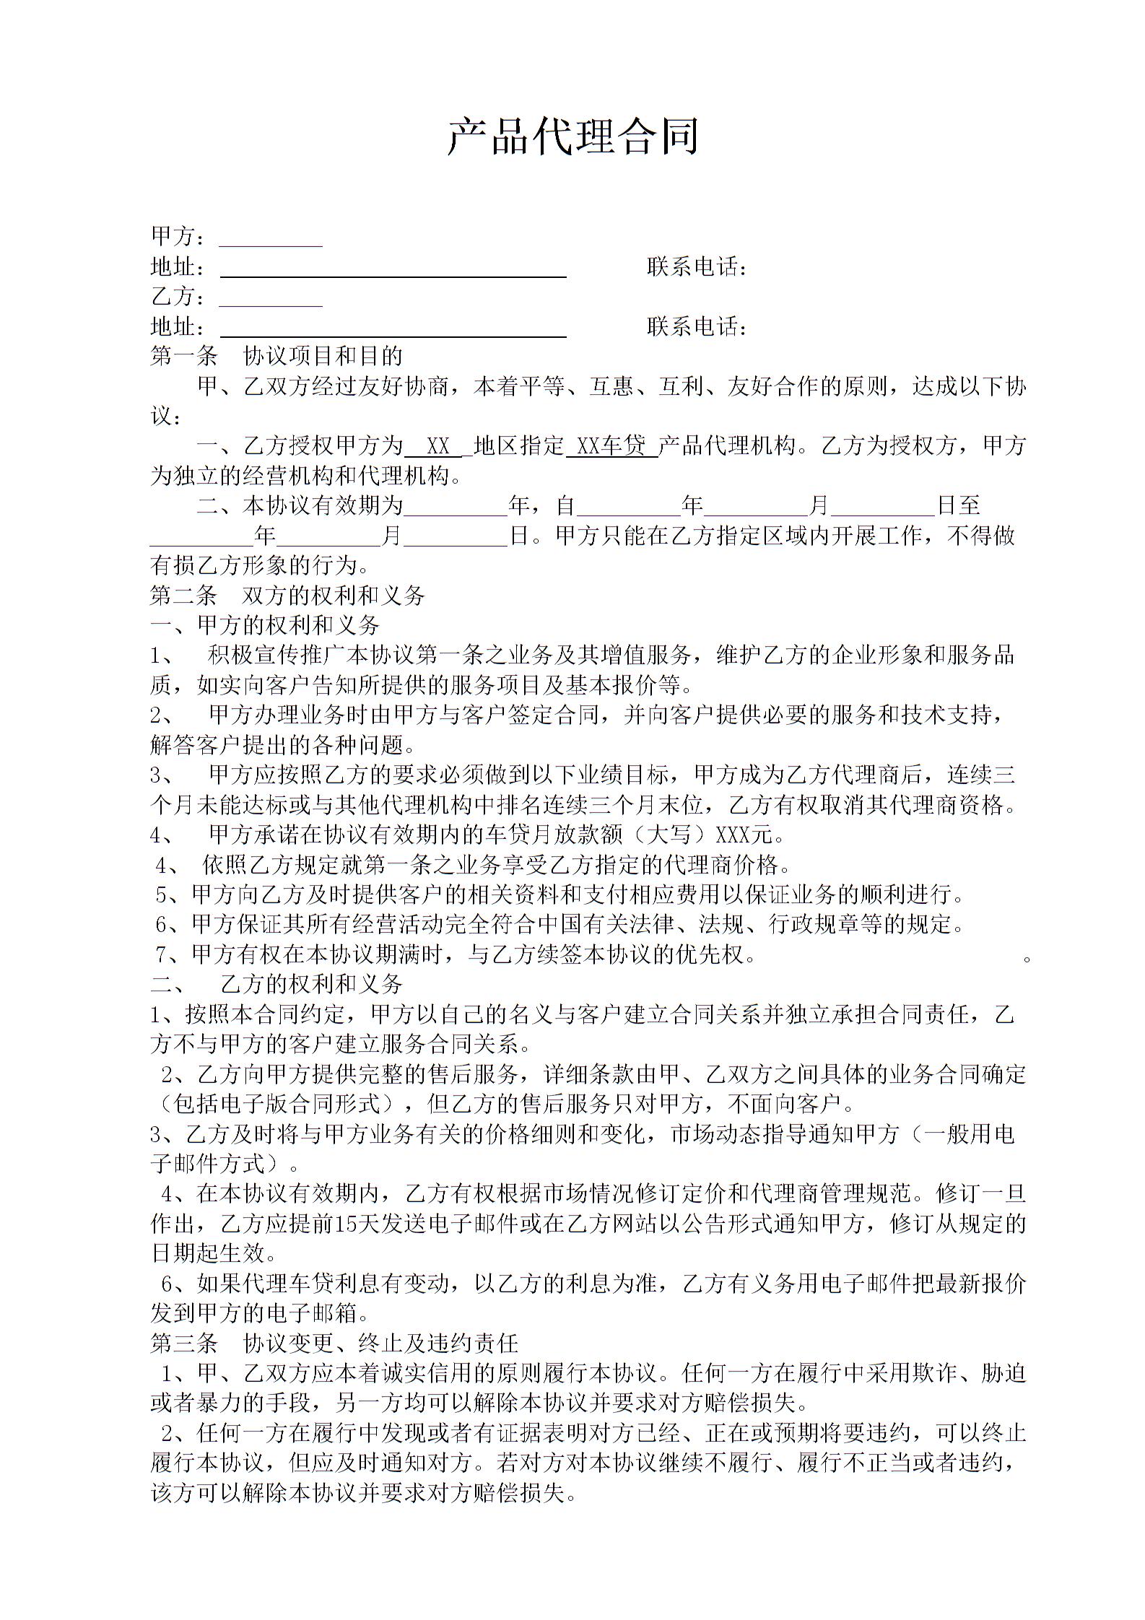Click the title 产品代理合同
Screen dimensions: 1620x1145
pyautogui.click(x=572, y=136)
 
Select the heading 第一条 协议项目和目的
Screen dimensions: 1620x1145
pyautogui.click(x=277, y=356)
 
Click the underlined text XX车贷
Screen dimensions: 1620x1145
pyautogui.click(x=612, y=446)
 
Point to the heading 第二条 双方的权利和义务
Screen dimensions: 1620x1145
pyautogui.click(x=287, y=596)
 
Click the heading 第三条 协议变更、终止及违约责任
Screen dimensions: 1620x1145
pyautogui.click(x=334, y=1343)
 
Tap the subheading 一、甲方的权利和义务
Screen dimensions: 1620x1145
pyautogui.click(x=265, y=625)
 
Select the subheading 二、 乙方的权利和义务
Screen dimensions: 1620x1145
pyautogui.click(x=277, y=983)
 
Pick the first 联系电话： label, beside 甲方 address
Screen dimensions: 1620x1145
pyautogui.click(x=696, y=268)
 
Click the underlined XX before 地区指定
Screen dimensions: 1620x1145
pyautogui.click(x=438, y=446)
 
